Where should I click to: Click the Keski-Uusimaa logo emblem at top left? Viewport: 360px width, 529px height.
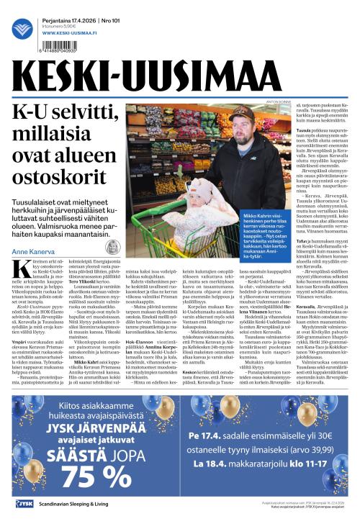tap(22, 29)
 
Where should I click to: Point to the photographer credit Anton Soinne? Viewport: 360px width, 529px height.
tap(270, 102)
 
